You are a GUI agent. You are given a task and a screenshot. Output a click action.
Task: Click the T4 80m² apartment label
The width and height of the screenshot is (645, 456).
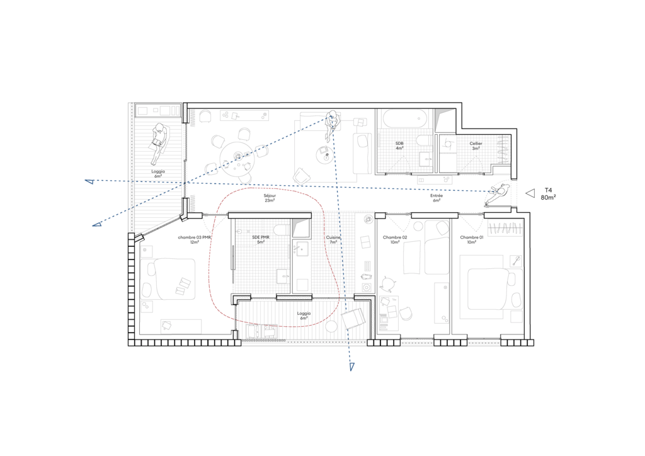click(549, 193)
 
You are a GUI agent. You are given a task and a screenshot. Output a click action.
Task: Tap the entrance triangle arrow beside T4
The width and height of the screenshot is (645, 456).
click(530, 193)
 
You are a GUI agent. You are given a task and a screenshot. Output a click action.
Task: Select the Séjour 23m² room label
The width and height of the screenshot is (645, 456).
click(270, 198)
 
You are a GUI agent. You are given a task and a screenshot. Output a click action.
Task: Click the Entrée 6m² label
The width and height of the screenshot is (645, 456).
click(437, 198)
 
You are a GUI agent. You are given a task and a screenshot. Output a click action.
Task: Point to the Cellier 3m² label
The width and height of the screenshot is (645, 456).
click(476, 146)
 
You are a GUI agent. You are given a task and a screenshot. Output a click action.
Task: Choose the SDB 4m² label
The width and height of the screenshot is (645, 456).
click(399, 146)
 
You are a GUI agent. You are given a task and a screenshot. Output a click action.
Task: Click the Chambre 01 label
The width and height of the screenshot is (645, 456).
click(471, 237)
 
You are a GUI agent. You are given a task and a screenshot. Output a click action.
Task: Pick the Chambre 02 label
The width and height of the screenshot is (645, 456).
click(395, 237)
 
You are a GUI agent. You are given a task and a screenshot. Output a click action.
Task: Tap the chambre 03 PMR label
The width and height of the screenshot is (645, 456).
click(194, 237)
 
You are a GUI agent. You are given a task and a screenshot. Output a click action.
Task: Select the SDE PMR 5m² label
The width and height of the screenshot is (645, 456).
click(261, 240)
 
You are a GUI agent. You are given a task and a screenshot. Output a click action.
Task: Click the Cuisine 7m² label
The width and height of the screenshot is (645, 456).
click(333, 240)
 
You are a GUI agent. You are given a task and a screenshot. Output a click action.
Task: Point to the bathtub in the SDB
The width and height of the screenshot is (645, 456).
click(406, 120)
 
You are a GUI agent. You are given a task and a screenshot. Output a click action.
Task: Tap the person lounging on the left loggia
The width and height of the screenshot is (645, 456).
click(159, 143)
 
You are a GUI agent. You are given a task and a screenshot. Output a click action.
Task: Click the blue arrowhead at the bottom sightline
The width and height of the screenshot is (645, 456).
click(351, 367)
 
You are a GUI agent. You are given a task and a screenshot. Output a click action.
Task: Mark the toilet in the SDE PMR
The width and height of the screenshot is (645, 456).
click(283, 229)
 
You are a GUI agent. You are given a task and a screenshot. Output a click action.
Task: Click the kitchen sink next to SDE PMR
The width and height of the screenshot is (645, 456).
click(300, 249)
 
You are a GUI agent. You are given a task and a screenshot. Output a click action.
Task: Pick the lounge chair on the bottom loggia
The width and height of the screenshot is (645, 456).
click(353, 319)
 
